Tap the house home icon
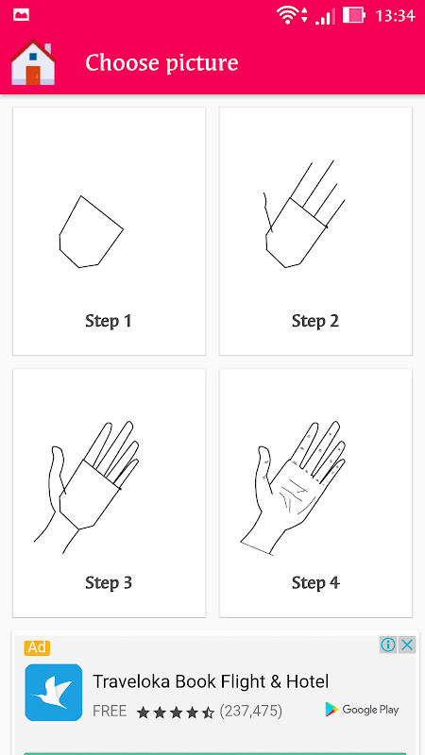tap(33, 62)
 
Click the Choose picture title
tap(161, 63)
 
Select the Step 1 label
tap(109, 321)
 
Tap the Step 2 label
tap(315, 321)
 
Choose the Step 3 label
tap(109, 582)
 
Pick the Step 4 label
tap(315, 582)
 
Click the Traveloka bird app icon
tap(54, 693)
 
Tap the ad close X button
tap(407, 645)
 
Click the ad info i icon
tap(388, 645)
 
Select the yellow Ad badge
tap(37, 647)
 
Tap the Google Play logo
tap(363, 710)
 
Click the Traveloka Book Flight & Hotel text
tap(211, 681)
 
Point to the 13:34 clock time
tap(395, 16)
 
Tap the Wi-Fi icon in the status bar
tap(287, 15)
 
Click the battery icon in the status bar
tap(354, 15)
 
